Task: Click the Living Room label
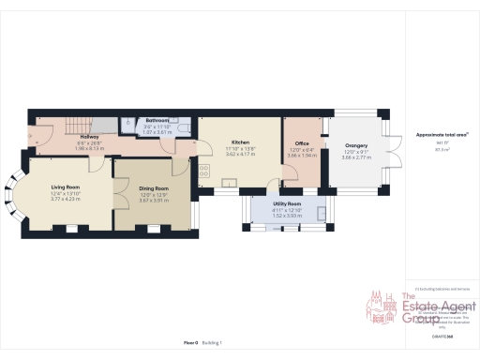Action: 64,187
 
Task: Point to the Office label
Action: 302,143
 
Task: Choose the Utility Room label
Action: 287,203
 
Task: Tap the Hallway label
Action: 89,136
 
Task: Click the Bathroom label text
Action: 157,121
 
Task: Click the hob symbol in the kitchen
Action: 203,172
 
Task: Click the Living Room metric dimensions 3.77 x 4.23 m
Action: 64,199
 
